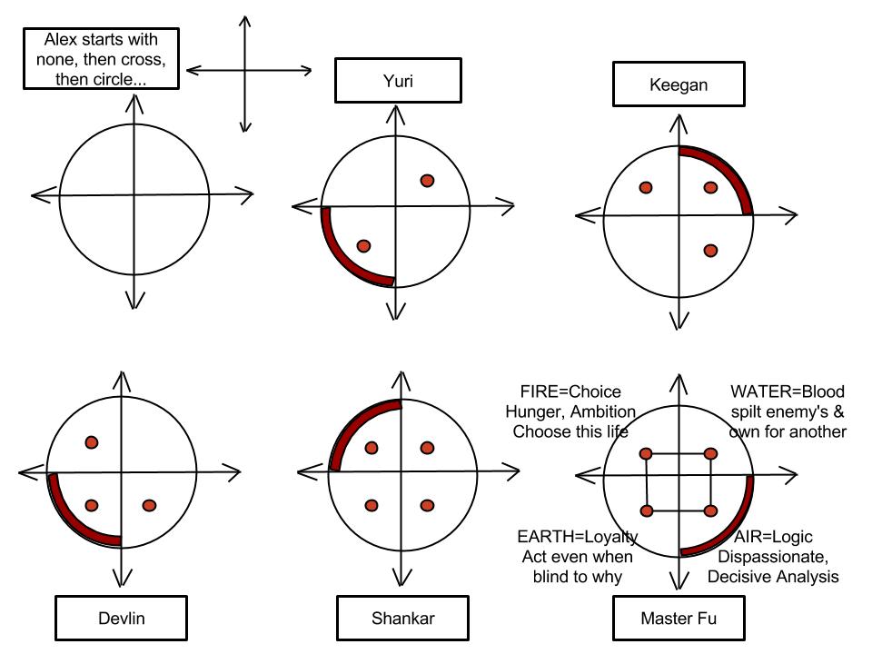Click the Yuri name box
[x=392, y=81]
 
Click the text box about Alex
[x=102, y=59]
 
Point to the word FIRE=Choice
[x=570, y=392]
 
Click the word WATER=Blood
[x=788, y=392]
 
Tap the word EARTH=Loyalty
[x=577, y=537]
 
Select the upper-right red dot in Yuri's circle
[x=427, y=180]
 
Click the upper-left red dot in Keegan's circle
[x=646, y=188]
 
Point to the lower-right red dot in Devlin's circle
[x=150, y=505]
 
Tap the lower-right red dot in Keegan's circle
[x=710, y=251]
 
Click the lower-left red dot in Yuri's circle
[x=363, y=245]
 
